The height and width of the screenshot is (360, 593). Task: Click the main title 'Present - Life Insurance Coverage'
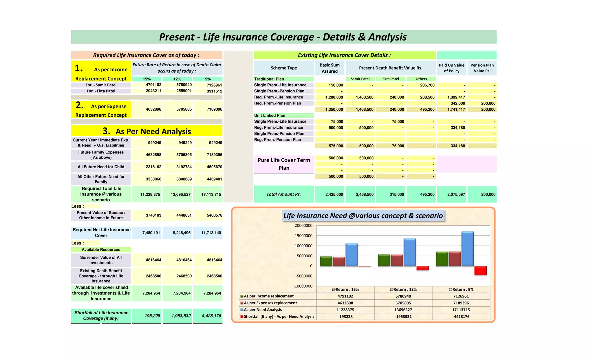283,37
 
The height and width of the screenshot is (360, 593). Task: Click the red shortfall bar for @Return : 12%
422,268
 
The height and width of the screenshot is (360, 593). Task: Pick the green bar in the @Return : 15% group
326,261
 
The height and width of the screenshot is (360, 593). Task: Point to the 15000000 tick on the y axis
303,236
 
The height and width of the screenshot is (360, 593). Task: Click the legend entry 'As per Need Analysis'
262,310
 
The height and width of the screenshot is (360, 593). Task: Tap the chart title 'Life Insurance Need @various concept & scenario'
363,216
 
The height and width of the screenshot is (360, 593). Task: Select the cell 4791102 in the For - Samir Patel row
153,85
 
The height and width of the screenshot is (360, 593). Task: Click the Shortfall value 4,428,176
211,316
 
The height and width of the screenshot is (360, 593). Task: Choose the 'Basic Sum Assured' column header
330,68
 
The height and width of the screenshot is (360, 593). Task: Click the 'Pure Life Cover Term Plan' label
284,164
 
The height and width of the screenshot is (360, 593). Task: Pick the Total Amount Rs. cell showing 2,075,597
456,194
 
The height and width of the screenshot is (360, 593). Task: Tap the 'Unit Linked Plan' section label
270,115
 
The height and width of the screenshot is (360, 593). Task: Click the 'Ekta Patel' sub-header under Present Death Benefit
390,79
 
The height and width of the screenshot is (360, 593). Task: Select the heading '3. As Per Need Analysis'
147,131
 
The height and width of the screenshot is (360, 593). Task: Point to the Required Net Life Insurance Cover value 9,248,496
182,233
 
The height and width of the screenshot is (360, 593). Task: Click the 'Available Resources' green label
101,249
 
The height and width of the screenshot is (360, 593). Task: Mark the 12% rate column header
177,79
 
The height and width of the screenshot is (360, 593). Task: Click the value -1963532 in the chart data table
403,317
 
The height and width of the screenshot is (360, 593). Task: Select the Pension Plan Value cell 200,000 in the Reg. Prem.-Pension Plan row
488,103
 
